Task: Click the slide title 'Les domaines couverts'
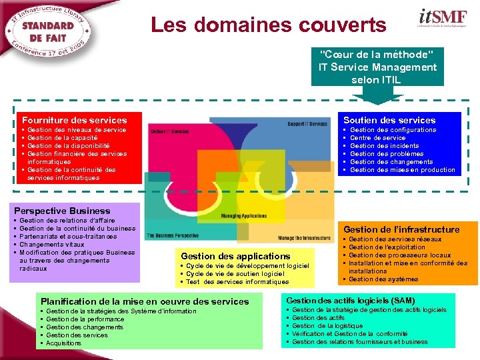pyautogui.click(x=268, y=25)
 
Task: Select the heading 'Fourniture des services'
pyautogui.click(x=74, y=120)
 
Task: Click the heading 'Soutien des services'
pyautogui.click(x=389, y=120)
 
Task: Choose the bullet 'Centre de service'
pyautogui.click(x=377, y=138)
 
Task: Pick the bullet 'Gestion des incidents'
pyautogui.click(x=384, y=146)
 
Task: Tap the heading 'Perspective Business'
pyautogui.click(x=62, y=211)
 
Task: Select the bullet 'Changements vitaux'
pyautogui.click(x=52, y=245)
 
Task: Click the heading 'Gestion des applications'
pyautogui.click(x=235, y=256)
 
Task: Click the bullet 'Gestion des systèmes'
pyautogui.click(x=383, y=279)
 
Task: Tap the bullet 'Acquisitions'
pyautogui.click(x=63, y=343)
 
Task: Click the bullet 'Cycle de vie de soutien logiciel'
pyautogui.click(x=235, y=273)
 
